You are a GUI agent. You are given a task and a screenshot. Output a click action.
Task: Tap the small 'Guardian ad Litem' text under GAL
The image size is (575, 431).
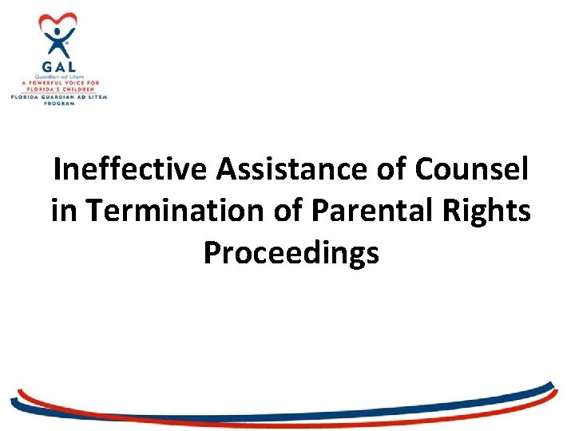pyautogui.click(x=58, y=77)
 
